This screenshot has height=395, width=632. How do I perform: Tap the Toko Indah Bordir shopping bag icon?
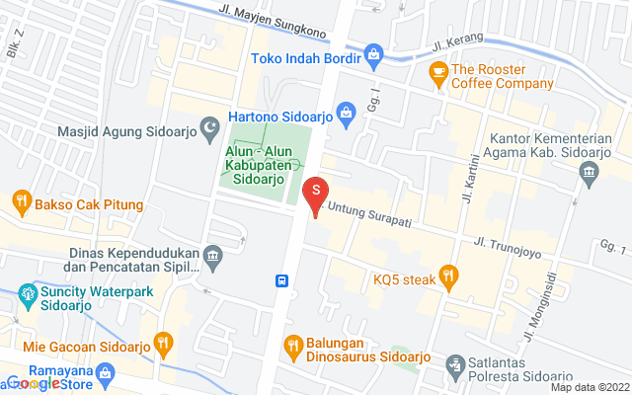(374, 53)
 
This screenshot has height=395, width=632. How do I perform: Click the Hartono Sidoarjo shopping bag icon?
(346, 115)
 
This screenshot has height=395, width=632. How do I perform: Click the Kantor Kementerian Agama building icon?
(590, 173)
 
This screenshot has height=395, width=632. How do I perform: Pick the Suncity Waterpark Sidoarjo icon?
(28, 294)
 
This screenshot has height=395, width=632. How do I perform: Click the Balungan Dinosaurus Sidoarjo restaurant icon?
(292, 346)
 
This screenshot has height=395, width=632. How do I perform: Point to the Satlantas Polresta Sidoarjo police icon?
(455, 365)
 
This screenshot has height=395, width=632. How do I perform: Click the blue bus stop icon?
(282, 280)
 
